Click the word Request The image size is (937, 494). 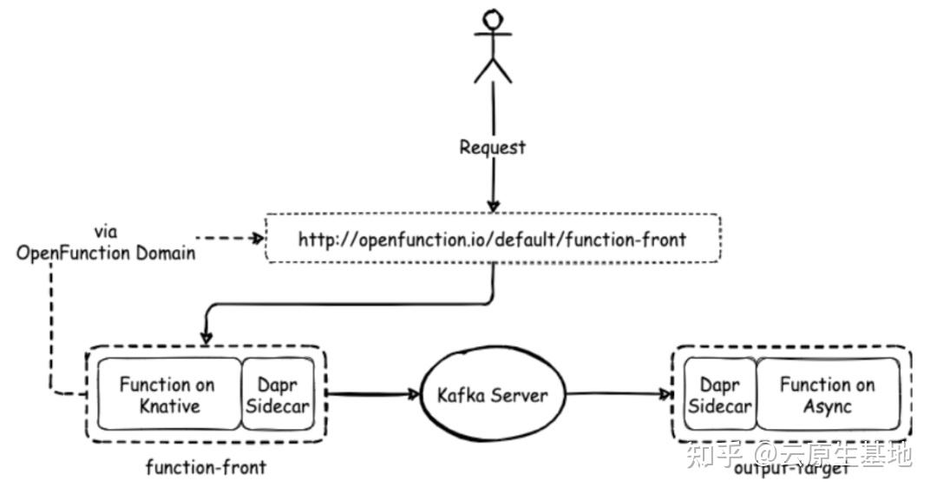492,148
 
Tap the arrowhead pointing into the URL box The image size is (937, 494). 493,206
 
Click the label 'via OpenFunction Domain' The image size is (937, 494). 107,244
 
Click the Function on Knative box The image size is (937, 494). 167,394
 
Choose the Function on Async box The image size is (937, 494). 827,394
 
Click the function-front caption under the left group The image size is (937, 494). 206,468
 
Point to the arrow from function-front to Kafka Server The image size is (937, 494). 369,395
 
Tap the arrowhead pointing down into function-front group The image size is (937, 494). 207,336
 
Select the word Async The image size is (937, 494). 827,405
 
